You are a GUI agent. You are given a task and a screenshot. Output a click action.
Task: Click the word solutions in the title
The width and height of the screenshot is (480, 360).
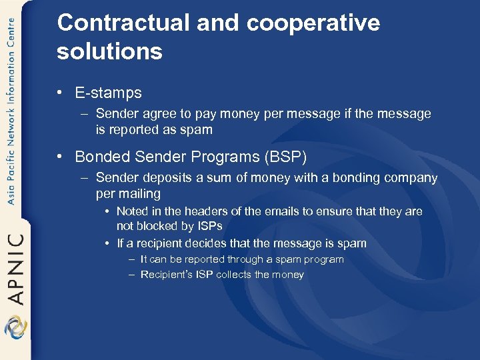(x=109, y=51)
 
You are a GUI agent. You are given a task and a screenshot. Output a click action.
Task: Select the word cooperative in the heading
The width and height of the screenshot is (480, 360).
(x=313, y=23)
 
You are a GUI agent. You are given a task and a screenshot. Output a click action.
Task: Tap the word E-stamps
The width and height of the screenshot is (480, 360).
(x=108, y=93)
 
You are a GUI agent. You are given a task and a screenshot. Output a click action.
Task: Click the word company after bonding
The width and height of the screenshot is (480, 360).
(x=410, y=178)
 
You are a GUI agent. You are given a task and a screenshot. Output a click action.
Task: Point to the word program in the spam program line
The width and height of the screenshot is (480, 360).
(x=323, y=259)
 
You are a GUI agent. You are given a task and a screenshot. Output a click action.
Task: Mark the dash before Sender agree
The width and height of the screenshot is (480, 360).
(x=84, y=114)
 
